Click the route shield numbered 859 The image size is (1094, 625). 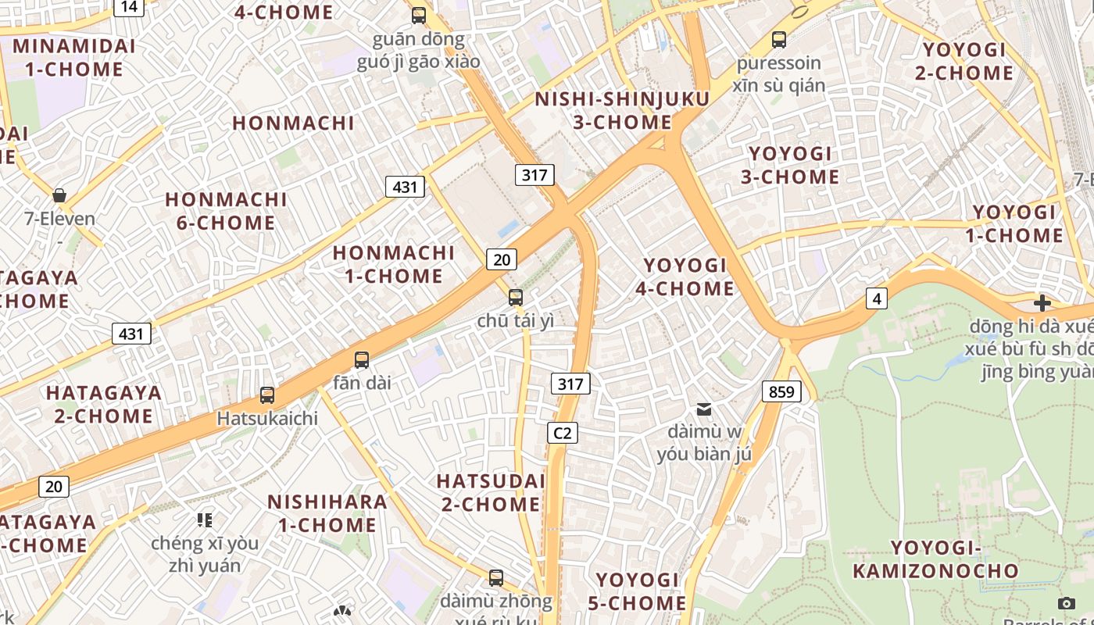(x=781, y=391)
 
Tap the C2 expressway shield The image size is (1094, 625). (x=562, y=432)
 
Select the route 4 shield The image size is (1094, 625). (x=877, y=298)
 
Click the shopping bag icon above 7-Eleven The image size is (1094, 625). (x=59, y=195)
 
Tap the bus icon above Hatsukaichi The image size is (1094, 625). (x=267, y=395)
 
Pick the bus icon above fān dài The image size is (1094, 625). (x=362, y=360)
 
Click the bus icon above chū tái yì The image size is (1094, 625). (x=516, y=297)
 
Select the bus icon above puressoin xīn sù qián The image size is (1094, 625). (x=778, y=39)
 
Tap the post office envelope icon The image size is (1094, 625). (x=704, y=409)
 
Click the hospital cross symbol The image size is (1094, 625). (x=1042, y=303)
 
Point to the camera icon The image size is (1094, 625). (x=1066, y=602)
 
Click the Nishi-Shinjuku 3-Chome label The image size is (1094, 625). (x=622, y=111)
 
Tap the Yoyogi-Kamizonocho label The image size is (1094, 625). (x=935, y=559)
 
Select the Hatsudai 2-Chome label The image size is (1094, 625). (x=491, y=492)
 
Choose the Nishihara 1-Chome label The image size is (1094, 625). (x=327, y=513)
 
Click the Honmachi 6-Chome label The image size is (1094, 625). (x=226, y=211)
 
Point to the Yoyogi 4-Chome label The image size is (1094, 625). (x=685, y=277)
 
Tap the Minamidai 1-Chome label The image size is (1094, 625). (x=74, y=57)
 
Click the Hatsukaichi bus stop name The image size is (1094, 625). (x=267, y=419)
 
